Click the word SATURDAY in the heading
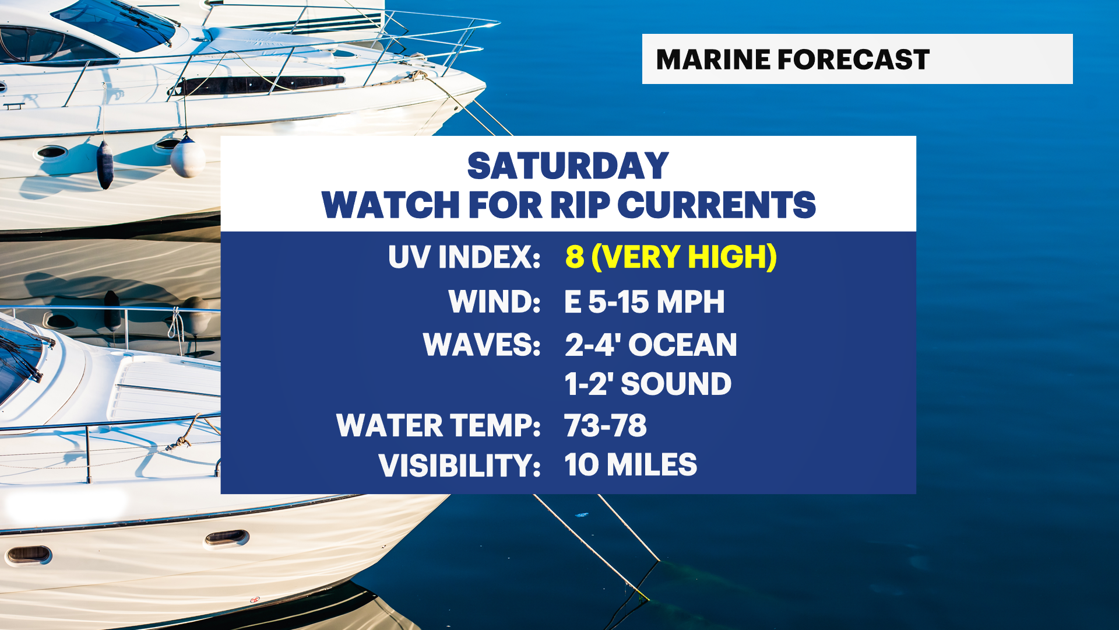[568, 166]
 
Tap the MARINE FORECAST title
[793, 60]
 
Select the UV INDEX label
[465, 257]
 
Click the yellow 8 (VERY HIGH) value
[671, 257]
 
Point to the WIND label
[495, 302]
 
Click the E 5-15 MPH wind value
[645, 302]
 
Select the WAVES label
[482, 344]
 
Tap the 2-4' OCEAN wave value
[651, 344]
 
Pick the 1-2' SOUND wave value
[648, 384]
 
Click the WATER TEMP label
[439, 425]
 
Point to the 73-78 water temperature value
[606, 425]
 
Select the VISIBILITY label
[460, 465]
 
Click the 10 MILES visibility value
[631, 465]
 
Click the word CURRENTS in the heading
[716, 205]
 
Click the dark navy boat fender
[105, 164]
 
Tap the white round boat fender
[188, 156]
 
